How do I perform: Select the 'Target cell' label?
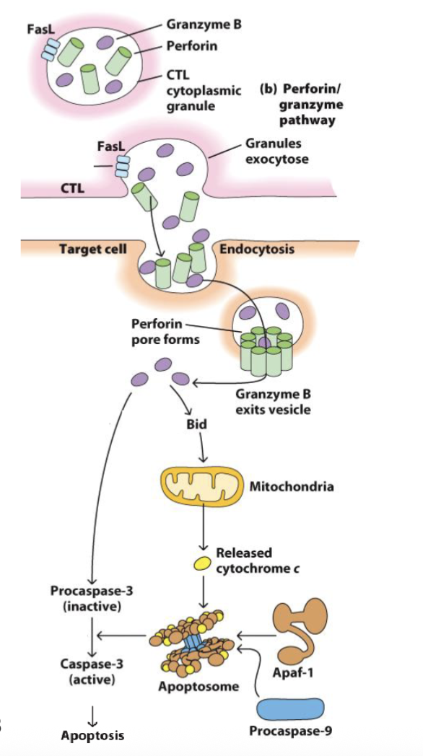tap(92, 249)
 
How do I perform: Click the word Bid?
tap(196, 424)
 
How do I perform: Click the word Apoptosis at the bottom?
tap(92, 735)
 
